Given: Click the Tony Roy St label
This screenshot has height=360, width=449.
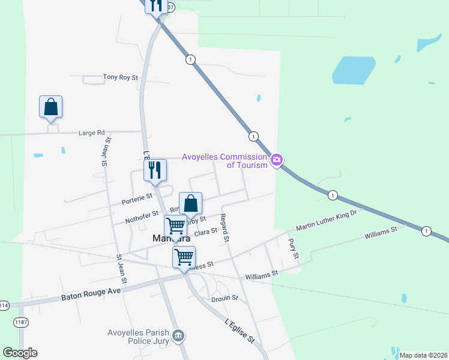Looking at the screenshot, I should [121, 77].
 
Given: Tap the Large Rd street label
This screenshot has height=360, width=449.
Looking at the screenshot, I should [92, 133].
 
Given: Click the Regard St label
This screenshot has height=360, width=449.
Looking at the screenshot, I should [225, 228].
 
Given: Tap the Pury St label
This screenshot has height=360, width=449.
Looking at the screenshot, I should [294, 248].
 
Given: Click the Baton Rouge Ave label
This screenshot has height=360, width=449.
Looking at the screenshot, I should [91, 294].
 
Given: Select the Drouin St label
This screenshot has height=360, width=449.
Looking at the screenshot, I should [225, 298].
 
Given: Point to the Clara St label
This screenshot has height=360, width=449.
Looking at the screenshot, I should [205, 232].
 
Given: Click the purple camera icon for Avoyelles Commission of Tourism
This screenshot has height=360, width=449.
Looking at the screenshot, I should [277, 160].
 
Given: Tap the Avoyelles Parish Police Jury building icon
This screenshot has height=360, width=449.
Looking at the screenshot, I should [178, 335].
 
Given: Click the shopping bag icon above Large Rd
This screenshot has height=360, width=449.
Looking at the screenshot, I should [51, 107].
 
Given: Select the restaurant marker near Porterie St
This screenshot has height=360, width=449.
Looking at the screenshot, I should [155, 171].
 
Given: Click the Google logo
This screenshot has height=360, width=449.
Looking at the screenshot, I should [20, 352].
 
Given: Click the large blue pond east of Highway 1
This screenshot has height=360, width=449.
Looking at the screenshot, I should [354, 71].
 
